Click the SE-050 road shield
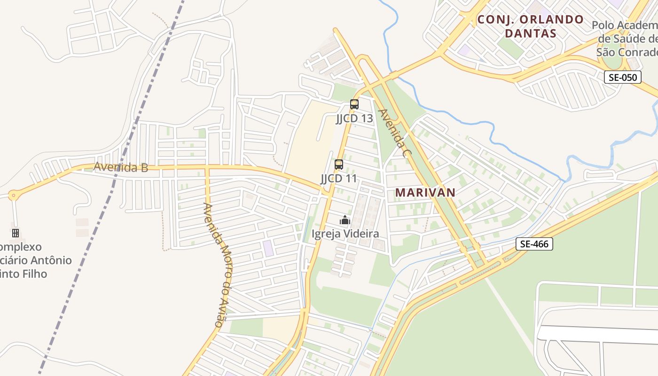(x=622, y=78)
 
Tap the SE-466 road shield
(x=534, y=244)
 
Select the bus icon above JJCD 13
(x=354, y=104)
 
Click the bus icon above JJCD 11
(x=339, y=164)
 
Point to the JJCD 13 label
(x=354, y=118)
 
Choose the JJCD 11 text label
(x=339, y=179)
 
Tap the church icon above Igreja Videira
(x=345, y=220)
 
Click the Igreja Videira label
(x=345, y=234)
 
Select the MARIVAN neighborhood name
(x=425, y=192)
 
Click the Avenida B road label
(x=121, y=167)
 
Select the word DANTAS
(x=530, y=33)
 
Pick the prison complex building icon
(x=16, y=233)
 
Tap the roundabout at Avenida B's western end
(x=13, y=195)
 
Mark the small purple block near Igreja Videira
(x=268, y=248)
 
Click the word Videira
(x=361, y=234)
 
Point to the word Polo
(x=603, y=25)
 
